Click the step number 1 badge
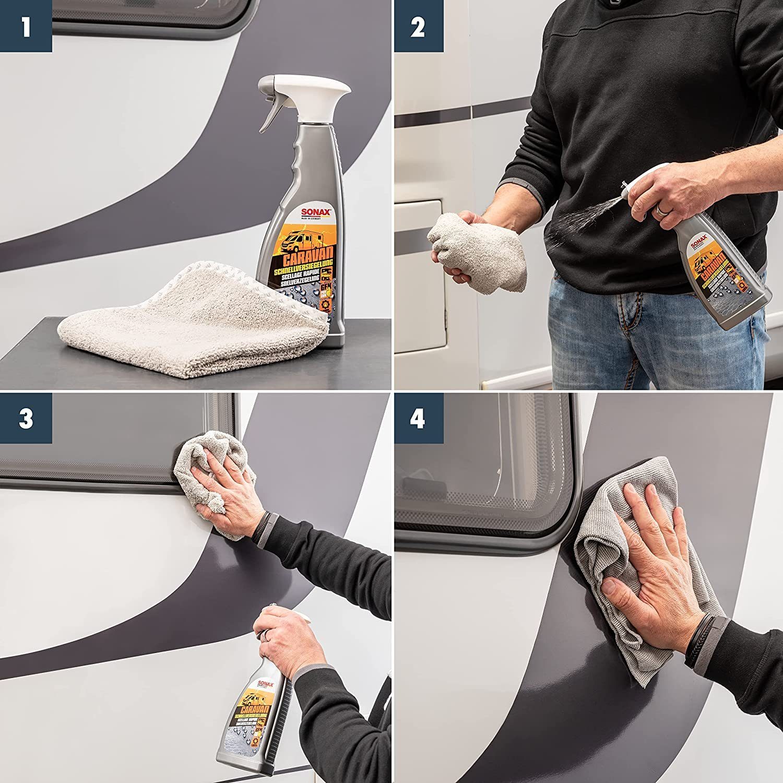[x=26, y=26]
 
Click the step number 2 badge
[x=418, y=26]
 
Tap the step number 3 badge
[x=26, y=419]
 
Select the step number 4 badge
[x=418, y=419]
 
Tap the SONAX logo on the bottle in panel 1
[x=315, y=212]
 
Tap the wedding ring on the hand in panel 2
[x=661, y=210]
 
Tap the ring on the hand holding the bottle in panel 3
[x=266, y=634]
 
